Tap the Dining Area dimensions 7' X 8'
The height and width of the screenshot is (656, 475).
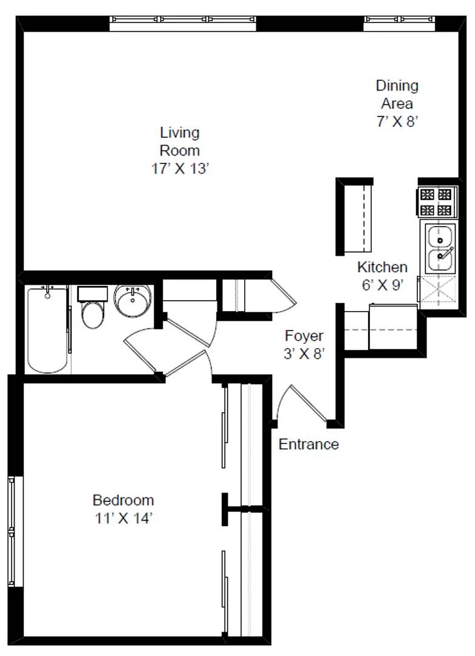[397, 121]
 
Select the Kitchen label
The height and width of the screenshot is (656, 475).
[382, 267]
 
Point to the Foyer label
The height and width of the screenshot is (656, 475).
[304, 336]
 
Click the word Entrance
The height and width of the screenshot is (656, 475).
[309, 445]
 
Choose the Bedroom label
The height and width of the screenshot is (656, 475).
[123, 501]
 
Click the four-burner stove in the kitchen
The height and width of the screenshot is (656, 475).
[437, 202]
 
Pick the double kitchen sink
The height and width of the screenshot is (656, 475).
[439, 248]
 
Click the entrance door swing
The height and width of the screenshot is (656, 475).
[302, 403]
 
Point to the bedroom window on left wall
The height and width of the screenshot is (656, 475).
[12, 531]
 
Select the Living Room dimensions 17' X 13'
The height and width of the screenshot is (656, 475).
[180, 169]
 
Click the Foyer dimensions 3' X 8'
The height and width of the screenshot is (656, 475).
[304, 354]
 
